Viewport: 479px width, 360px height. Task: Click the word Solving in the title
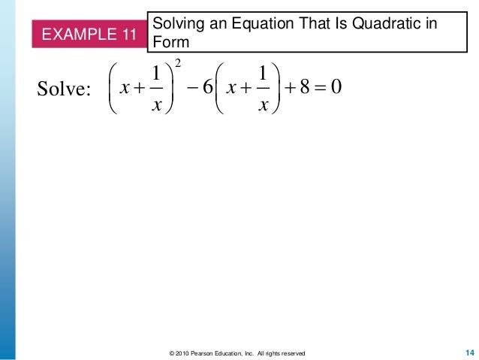(x=175, y=23)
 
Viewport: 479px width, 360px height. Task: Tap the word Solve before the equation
(x=63, y=92)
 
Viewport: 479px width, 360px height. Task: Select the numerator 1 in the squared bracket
(x=153, y=76)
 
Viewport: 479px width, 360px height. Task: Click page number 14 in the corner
(x=470, y=352)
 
